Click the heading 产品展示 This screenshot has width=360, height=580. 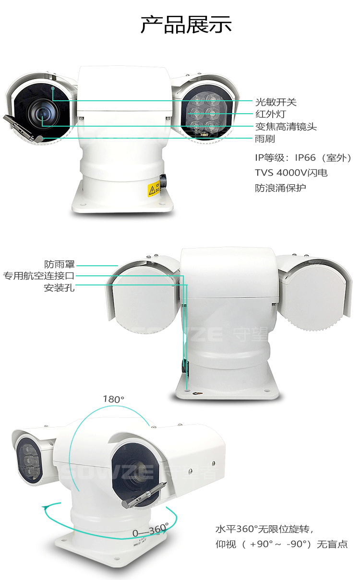coord(186,24)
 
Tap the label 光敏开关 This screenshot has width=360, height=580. coord(276,102)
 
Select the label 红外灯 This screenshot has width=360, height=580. coord(271,114)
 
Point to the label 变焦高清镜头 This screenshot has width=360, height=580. coord(286,127)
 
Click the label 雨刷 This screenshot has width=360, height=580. coord(265,139)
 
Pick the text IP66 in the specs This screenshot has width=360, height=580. coord(305,157)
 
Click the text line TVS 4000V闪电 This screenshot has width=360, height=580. coord(291,173)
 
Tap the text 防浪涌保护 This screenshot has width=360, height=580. coord(280,188)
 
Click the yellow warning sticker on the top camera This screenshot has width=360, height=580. coord(154,188)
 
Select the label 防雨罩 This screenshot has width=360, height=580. coord(60,264)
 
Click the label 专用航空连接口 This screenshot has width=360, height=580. coord(39,276)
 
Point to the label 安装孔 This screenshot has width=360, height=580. coord(60,288)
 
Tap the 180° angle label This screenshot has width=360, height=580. coord(113,399)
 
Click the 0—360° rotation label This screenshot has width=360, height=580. coord(150,531)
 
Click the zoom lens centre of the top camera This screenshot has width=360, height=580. coord(42,113)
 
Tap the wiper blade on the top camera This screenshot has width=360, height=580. coord(23,129)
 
